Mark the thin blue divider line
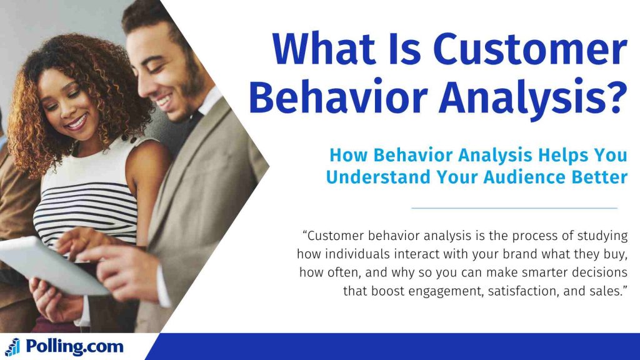514,207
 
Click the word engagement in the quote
447,291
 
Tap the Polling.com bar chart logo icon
12,347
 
